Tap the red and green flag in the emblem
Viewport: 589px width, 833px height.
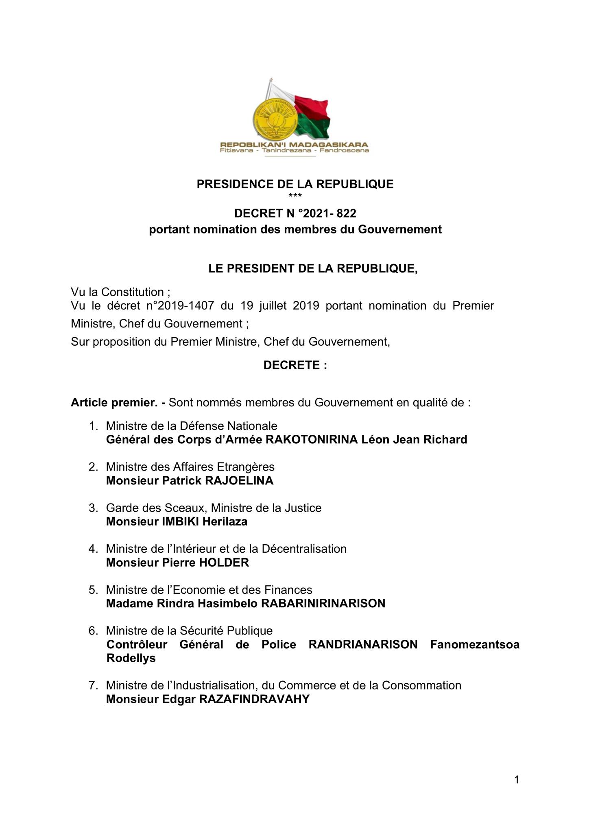(x=312, y=116)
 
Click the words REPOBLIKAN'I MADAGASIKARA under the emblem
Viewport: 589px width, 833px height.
(x=294, y=144)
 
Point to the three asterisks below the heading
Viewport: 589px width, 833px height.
(x=295, y=196)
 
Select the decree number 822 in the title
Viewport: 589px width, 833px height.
(x=346, y=213)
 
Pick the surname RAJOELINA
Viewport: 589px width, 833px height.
(x=239, y=481)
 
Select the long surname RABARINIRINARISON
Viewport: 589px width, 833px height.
(x=323, y=603)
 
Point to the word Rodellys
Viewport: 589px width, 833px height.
(x=131, y=658)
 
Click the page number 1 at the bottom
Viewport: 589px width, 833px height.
(x=517, y=780)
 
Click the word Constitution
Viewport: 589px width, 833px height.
(x=132, y=292)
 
